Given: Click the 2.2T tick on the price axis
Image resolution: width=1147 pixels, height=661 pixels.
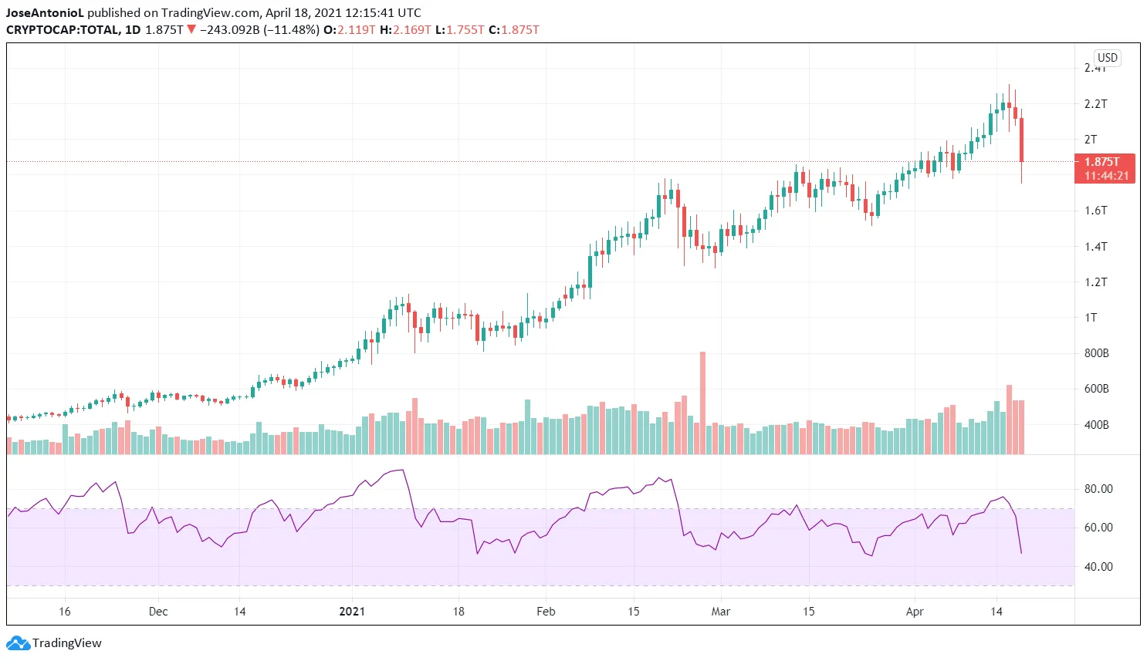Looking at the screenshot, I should [x=1095, y=104].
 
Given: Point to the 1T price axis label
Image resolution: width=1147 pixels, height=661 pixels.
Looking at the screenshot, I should [x=1091, y=318].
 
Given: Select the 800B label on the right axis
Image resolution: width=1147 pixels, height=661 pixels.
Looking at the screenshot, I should [x=1096, y=353].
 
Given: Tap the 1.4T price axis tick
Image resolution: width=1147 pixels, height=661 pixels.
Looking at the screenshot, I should [x=1095, y=247].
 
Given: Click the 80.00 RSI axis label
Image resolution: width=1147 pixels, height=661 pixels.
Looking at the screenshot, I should [x=1098, y=489].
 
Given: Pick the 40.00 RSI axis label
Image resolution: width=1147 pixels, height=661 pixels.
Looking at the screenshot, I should [x=1098, y=567].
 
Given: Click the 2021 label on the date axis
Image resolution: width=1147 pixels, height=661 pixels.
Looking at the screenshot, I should [x=352, y=612].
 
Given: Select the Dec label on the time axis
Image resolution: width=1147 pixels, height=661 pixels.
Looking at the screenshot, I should [x=158, y=612].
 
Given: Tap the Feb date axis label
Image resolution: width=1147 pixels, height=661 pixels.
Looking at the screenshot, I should [x=546, y=612].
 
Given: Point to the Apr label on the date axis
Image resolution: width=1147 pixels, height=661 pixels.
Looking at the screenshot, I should [x=915, y=612].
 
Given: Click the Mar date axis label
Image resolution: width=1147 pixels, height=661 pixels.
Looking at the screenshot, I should [x=721, y=612].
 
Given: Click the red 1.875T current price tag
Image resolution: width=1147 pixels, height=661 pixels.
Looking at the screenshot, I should [x=1105, y=168].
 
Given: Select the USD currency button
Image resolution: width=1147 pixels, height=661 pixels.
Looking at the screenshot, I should [x=1107, y=58].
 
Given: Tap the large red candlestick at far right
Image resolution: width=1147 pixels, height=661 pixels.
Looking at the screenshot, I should [x=1021, y=140].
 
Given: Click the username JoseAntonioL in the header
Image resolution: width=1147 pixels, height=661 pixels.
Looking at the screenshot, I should [x=45, y=13].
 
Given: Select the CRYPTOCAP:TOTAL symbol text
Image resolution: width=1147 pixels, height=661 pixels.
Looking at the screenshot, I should [x=63, y=30].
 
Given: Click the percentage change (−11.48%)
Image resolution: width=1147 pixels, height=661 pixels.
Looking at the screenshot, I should [x=290, y=30].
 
